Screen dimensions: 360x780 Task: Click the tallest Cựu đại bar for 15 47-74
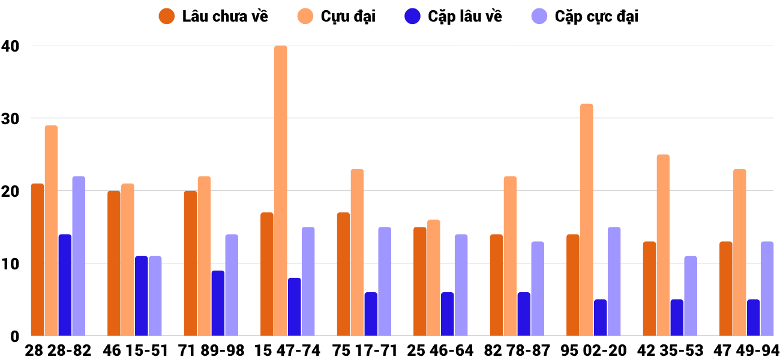281,191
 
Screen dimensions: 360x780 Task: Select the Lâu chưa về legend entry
213,16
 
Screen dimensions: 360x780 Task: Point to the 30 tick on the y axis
10,119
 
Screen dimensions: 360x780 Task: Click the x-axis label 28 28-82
58,350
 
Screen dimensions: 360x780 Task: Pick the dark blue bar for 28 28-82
65,285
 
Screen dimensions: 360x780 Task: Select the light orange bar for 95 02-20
587,220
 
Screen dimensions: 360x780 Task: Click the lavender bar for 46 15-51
155,296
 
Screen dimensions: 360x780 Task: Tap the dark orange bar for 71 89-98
190,263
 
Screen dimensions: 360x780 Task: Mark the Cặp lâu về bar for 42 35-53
677,317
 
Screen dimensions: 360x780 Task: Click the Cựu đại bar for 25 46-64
434,278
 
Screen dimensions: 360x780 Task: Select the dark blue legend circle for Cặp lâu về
413,16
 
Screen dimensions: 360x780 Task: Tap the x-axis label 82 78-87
517,350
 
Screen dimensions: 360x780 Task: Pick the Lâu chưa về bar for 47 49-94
725,289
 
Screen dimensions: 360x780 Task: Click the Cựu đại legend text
348,16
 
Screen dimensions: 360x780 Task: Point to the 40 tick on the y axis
10,46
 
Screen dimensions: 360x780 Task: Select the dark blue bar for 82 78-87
524,314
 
